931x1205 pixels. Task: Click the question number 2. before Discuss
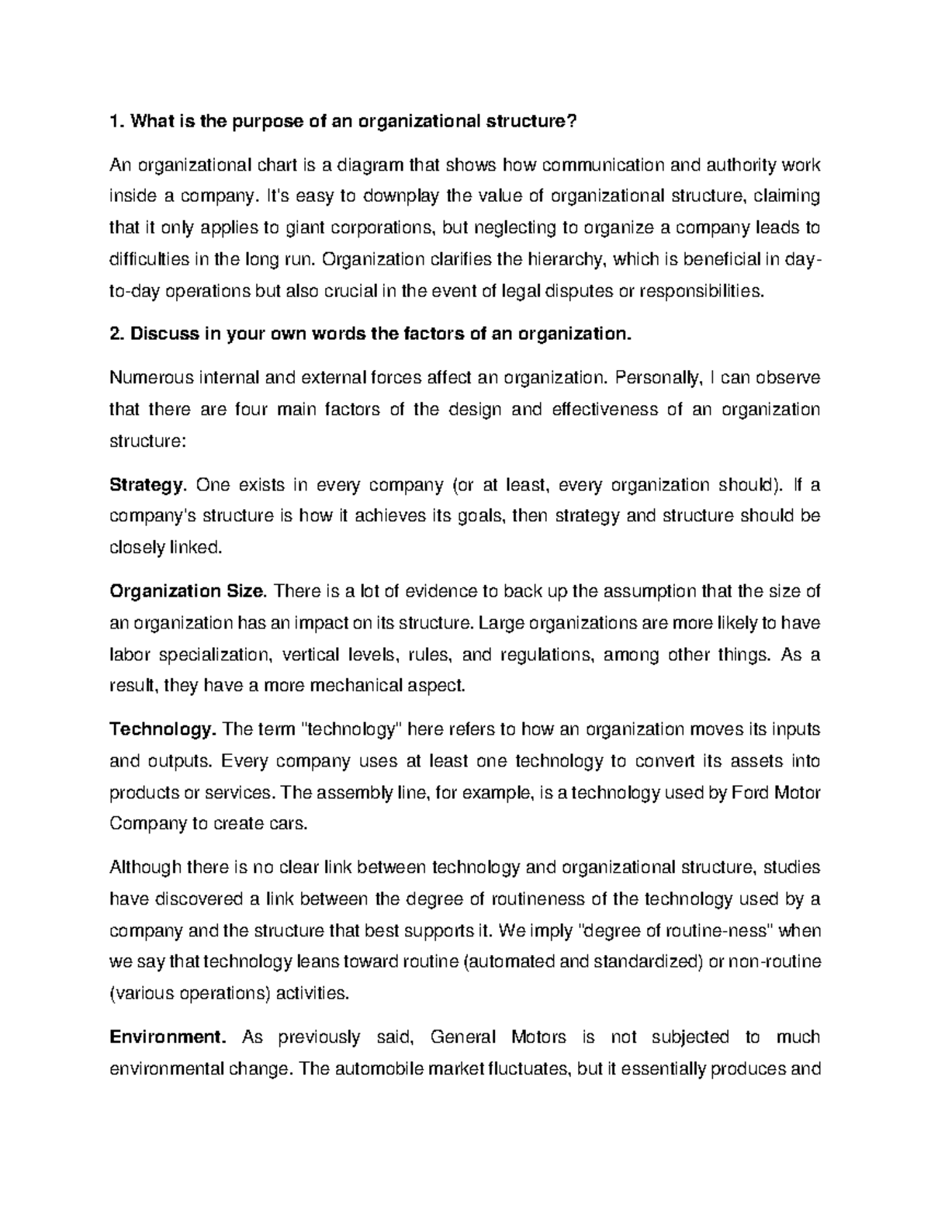(x=117, y=334)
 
